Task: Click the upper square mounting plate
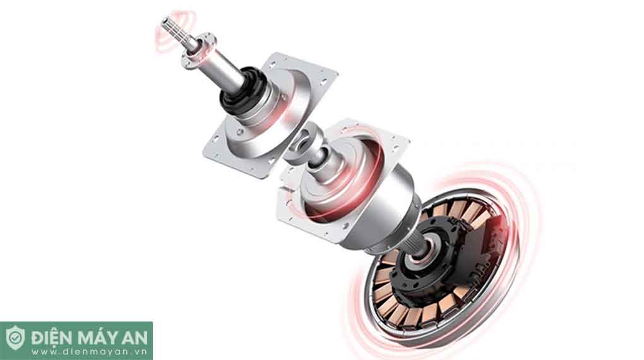pos(270,115)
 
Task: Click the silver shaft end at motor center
pos(421,249)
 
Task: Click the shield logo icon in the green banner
pos(15,338)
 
